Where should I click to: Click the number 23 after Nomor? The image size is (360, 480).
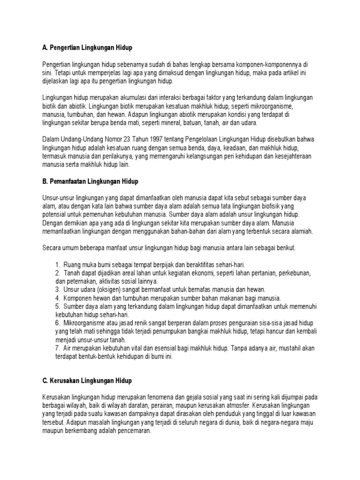[112, 140]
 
